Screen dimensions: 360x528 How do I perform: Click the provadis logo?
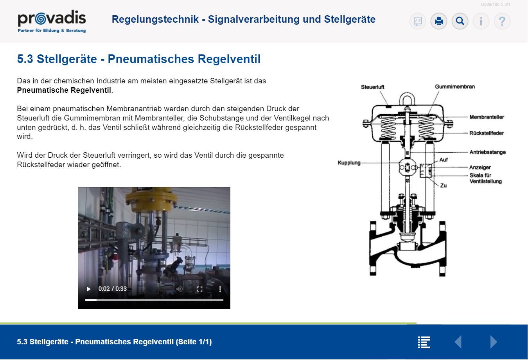(52, 22)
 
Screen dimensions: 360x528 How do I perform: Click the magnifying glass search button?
(460, 21)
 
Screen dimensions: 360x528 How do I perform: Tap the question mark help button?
(502, 21)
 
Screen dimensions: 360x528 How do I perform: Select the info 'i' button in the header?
(481, 21)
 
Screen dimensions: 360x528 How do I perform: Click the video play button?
(88, 289)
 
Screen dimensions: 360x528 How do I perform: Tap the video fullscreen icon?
(200, 289)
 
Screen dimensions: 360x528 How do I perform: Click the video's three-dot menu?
(220, 289)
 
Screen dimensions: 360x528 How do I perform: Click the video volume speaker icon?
(180, 289)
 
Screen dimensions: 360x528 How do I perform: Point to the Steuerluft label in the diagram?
(372, 87)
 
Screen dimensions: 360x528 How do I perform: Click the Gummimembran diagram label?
(455, 86)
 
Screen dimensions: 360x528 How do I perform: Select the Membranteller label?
(487, 117)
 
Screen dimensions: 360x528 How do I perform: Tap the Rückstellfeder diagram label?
(487, 133)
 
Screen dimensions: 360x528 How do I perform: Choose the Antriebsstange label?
(487, 152)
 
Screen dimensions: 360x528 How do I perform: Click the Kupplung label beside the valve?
(349, 162)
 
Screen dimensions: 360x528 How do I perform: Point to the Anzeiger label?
(480, 167)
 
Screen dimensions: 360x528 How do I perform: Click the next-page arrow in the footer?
(494, 342)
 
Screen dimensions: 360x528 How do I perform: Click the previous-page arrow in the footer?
(458, 342)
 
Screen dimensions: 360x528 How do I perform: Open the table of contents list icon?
(424, 342)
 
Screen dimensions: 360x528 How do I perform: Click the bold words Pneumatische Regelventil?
(64, 90)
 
